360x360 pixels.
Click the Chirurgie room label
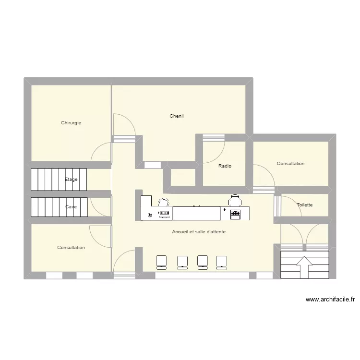(x=71, y=123)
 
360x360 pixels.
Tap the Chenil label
(x=177, y=116)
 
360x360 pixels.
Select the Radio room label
(x=225, y=166)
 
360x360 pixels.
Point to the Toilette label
(x=304, y=205)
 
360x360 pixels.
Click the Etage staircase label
(x=71, y=180)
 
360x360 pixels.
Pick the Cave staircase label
(x=71, y=207)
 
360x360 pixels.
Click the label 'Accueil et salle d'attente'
(x=199, y=232)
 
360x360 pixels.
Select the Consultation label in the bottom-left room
(x=71, y=248)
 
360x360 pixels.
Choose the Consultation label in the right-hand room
(x=290, y=164)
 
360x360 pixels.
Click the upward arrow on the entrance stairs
(x=304, y=267)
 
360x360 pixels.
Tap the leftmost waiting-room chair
(x=161, y=261)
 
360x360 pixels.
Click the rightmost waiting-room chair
(x=221, y=261)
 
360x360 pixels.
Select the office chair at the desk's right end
(x=235, y=200)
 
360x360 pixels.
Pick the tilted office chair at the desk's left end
(x=163, y=203)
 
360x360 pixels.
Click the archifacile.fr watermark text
(x=330, y=300)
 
